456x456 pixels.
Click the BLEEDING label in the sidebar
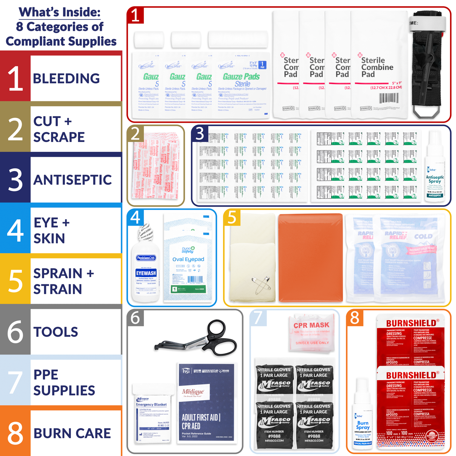(66, 79)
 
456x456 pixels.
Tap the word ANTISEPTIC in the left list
(73, 180)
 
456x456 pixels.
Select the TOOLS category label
(56, 332)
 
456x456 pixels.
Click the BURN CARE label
(72, 433)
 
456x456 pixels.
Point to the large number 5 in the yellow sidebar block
(15, 281)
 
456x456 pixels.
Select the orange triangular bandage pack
(310, 257)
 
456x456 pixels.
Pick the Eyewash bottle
(146, 265)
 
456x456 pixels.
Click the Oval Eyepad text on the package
(188, 259)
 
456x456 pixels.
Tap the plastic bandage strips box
(155, 166)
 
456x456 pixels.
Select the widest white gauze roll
(238, 40)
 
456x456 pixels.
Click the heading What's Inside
(60, 12)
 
